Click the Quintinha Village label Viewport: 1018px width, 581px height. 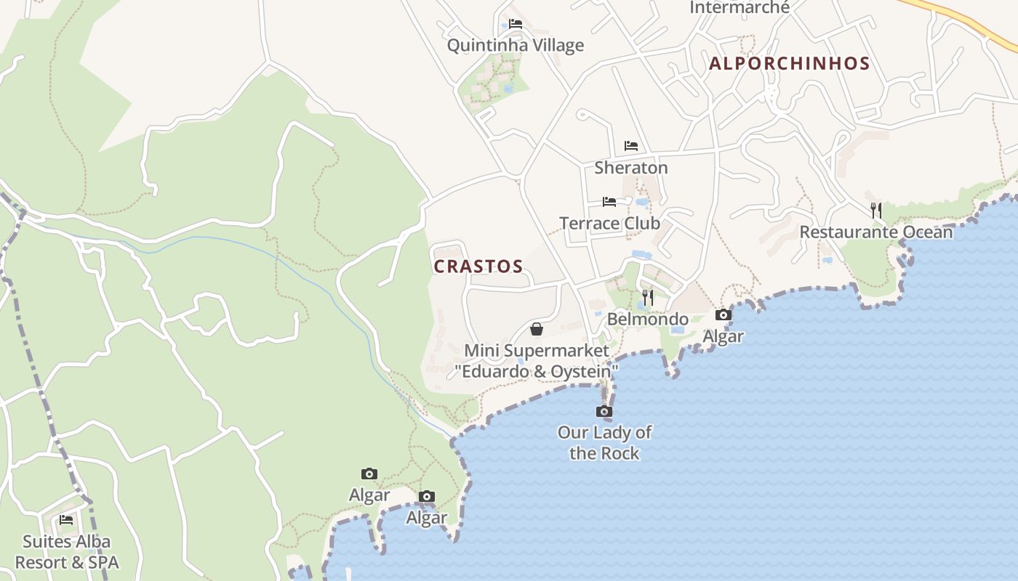click(x=515, y=45)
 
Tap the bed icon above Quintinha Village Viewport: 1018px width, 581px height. click(x=515, y=24)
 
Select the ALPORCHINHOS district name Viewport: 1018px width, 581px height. click(x=789, y=64)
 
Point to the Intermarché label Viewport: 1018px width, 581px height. click(x=739, y=7)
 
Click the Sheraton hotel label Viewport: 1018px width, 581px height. click(x=630, y=168)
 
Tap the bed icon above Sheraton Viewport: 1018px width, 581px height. click(x=630, y=146)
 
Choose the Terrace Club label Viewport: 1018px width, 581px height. click(x=609, y=223)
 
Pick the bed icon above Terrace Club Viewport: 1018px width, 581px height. click(x=609, y=201)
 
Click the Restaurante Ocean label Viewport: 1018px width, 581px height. click(x=875, y=232)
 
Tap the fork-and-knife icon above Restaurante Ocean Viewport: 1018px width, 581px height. click(x=876, y=211)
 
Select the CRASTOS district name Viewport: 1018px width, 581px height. click(x=478, y=267)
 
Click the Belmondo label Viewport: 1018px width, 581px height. click(x=647, y=320)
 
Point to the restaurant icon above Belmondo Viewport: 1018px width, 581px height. click(x=647, y=298)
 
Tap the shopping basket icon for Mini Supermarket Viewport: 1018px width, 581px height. click(x=537, y=329)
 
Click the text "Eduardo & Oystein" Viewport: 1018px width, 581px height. click(x=537, y=372)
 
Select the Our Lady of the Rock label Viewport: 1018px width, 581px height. click(x=604, y=443)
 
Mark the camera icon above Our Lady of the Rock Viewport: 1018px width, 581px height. click(x=604, y=412)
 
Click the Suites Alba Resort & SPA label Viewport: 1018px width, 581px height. click(x=67, y=552)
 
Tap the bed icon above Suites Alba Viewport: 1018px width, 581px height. click(x=66, y=520)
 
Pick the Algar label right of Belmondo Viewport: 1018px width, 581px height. click(x=723, y=336)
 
